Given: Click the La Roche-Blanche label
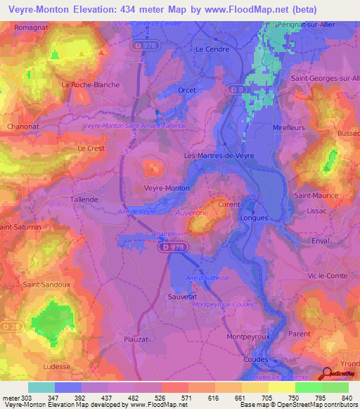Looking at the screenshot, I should coord(91,84).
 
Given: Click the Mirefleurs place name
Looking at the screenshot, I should coord(287,127).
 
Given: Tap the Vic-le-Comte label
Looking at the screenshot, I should coord(326,276).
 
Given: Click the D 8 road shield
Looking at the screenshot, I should coord(240,89).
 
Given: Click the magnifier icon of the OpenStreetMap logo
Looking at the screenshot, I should coord(327,374).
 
